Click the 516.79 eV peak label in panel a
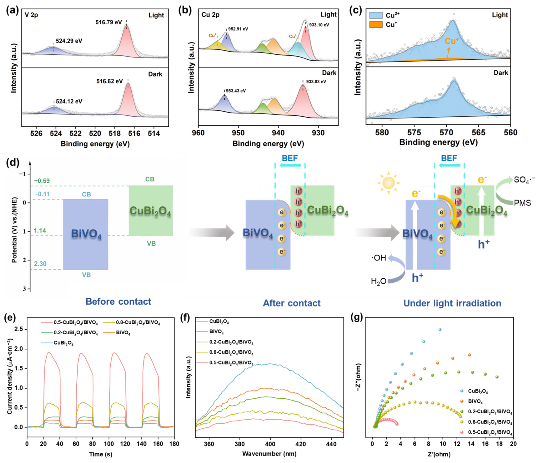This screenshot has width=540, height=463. pyautogui.click(x=109, y=22)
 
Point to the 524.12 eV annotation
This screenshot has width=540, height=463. pyautogui.click(x=69, y=101)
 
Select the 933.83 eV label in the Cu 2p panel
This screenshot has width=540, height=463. pyautogui.click(x=316, y=82)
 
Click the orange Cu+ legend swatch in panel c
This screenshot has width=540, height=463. pyautogui.click(x=376, y=25)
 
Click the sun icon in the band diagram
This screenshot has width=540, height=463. pyautogui.click(x=388, y=183)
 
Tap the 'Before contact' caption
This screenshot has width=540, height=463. pyautogui.click(x=118, y=301)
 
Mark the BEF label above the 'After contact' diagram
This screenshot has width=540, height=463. pyautogui.click(x=290, y=158)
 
